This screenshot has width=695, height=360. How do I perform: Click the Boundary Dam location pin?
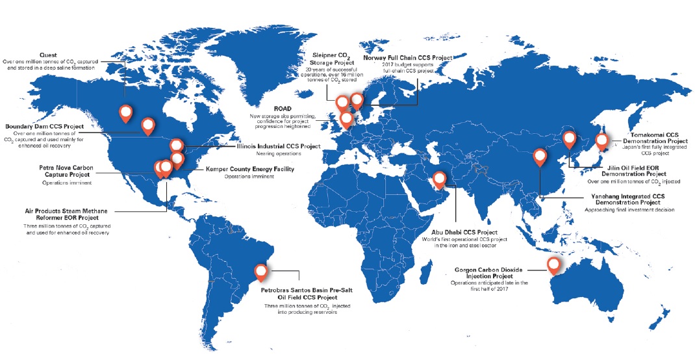(149, 125)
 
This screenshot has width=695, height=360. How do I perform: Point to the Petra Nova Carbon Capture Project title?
(67, 172)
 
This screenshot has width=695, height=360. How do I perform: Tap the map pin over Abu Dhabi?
(440, 179)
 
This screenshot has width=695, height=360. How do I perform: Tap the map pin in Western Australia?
(553, 265)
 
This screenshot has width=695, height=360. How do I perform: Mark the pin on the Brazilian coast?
(261, 272)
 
